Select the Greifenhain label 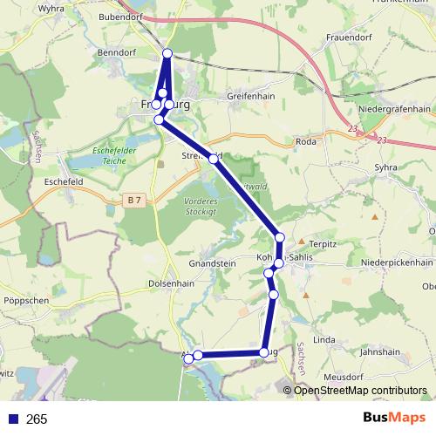pos(250,95)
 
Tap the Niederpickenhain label pos(397,262)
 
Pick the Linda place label pos(324,338)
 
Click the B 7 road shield pos(133,201)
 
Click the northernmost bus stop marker pos(167,54)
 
